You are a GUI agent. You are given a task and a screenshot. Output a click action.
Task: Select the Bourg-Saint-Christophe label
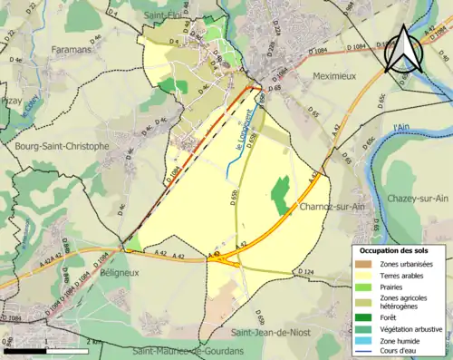[x=62, y=145]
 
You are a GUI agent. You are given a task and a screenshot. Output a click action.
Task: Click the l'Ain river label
[x=402, y=130]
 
